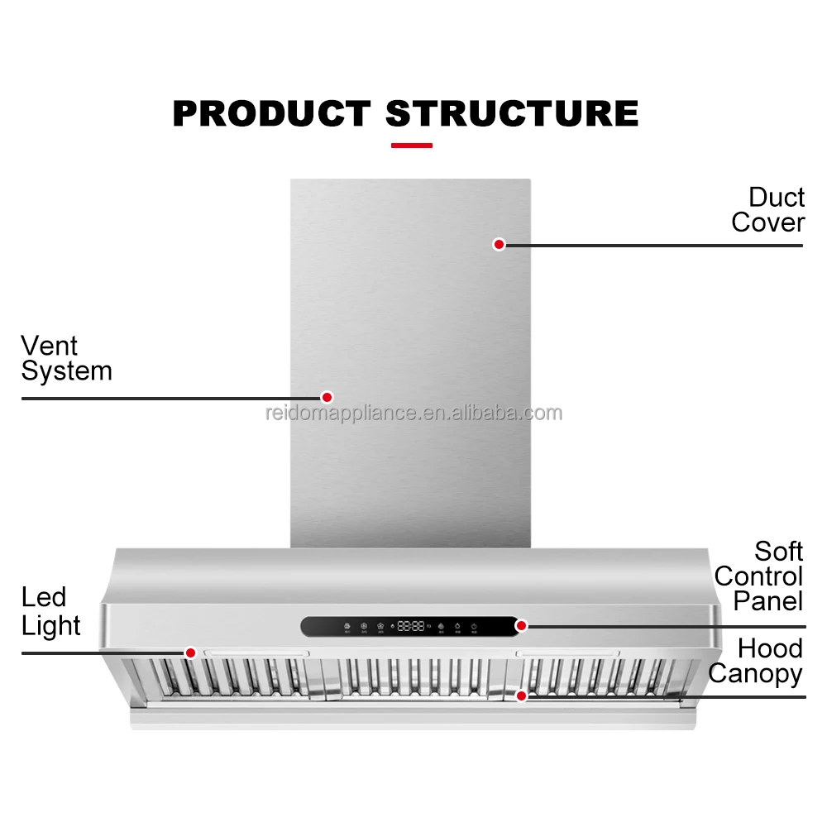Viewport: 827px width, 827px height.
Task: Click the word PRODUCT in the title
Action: coord(271,113)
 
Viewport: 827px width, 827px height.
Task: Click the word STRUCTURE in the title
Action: coord(512,113)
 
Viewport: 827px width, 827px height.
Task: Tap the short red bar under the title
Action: coord(411,146)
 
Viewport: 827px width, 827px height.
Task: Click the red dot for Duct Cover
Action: coord(499,244)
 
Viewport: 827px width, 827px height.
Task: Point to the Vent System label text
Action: coord(66,358)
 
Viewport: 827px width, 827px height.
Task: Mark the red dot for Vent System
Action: coord(327,397)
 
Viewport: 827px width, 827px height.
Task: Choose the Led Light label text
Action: coord(51,612)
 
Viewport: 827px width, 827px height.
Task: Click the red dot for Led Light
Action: coord(190,653)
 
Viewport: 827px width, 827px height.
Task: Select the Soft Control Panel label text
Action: coord(759,576)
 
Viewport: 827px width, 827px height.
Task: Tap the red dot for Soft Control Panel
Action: coord(521,625)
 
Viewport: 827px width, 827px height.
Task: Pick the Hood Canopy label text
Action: coord(756,661)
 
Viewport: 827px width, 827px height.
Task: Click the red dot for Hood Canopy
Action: coord(521,696)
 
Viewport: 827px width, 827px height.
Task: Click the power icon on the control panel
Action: coord(474,626)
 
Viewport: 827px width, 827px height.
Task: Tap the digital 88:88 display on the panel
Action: coord(411,626)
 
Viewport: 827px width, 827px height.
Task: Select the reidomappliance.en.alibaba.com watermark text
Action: coord(413,413)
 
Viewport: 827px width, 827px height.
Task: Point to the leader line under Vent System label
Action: coord(165,398)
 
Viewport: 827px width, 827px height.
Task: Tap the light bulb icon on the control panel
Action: coord(457,626)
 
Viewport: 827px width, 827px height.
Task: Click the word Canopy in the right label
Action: coord(756,673)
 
